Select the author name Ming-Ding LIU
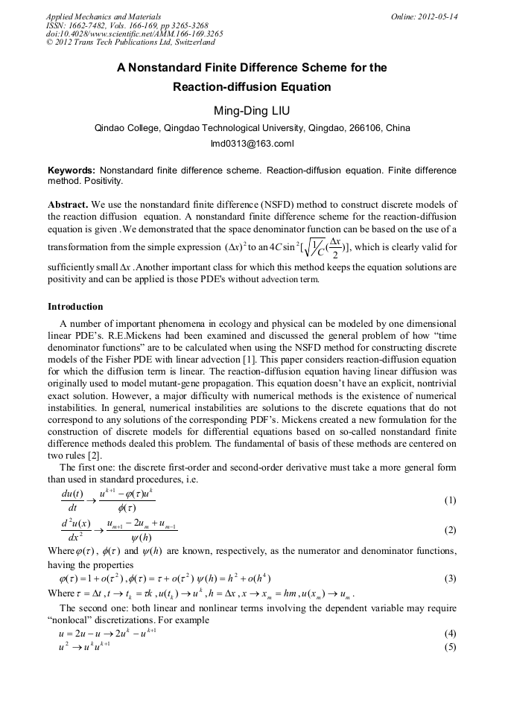[x=252, y=111]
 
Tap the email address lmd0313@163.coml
[x=252, y=142]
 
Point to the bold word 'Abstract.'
[x=69, y=204]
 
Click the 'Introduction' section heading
[x=75, y=306]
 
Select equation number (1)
[x=449, y=500]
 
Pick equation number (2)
[x=449, y=530]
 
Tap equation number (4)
[x=449, y=633]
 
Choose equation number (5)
[x=449, y=646]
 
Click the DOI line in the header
[x=134, y=34]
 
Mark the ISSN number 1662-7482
[x=88, y=25]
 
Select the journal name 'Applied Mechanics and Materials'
[x=103, y=16]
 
